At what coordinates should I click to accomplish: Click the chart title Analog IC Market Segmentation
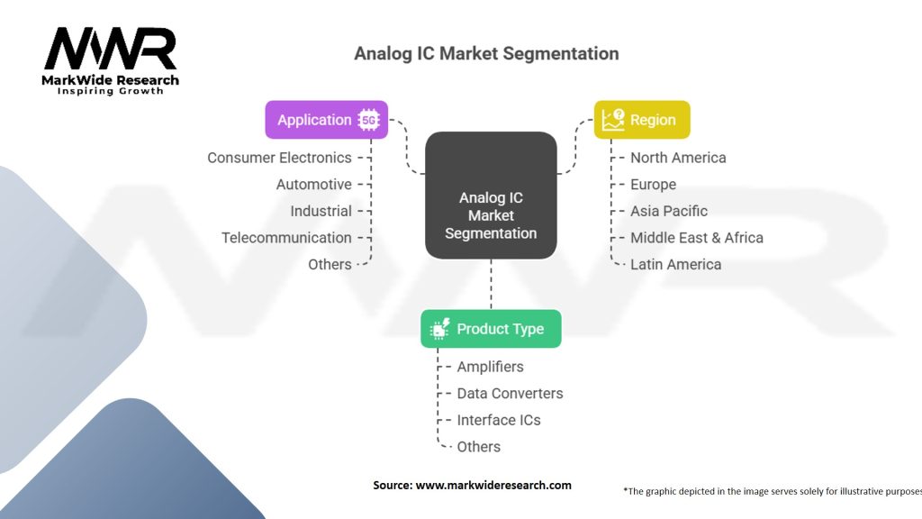[x=486, y=53]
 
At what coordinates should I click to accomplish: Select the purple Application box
[x=326, y=120]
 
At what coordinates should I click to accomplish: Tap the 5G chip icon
[x=368, y=120]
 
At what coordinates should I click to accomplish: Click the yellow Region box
[x=641, y=120]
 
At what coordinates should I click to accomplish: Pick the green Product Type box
[x=491, y=329]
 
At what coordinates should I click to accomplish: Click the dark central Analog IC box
[x=491, y=196]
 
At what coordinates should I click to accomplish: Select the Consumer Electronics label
[x=279, y=158]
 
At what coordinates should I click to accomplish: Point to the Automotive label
[x=313, y=184]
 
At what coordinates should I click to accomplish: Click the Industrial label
[x=321, y=211]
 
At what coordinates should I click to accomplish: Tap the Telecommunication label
[x=286, y=238]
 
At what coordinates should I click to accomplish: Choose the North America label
[x=678, y=158]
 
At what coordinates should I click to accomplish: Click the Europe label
[x=653, y=184]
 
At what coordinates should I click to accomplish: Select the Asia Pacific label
[x=669, y=211]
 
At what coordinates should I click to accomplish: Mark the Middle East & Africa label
[x=696, y=238]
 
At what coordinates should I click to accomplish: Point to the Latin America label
[x=675, y=264]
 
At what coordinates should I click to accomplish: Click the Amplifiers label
[x=490, y=367]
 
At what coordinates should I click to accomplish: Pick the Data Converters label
[x=510, y=393]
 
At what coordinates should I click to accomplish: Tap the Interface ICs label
[x=499, y=420]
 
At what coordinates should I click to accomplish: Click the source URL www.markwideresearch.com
[x=493, y=485]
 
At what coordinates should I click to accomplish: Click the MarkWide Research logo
[x=112, y=59]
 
